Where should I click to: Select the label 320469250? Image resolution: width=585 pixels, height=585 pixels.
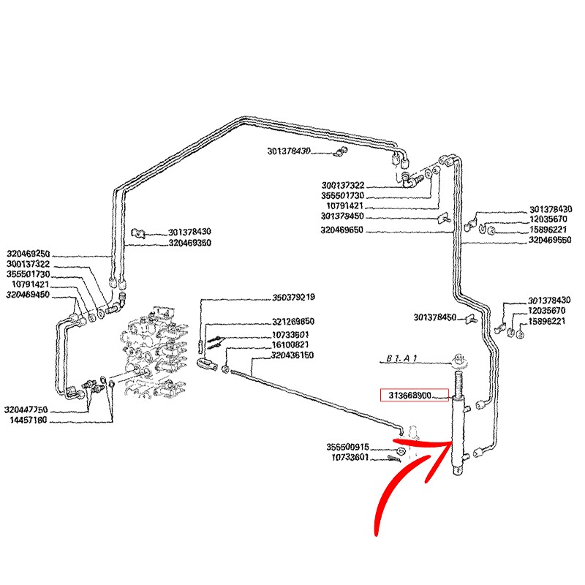coord(28,254)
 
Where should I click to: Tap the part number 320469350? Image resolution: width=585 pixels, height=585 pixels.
coord(189,243)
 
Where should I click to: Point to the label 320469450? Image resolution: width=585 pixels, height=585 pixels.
coord(28,294)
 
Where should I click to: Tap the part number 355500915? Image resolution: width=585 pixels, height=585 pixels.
coord(347,447)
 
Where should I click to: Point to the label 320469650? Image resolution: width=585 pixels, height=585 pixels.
coord(342,230)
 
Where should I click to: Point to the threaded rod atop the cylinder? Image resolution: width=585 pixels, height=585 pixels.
coord(460,382)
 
